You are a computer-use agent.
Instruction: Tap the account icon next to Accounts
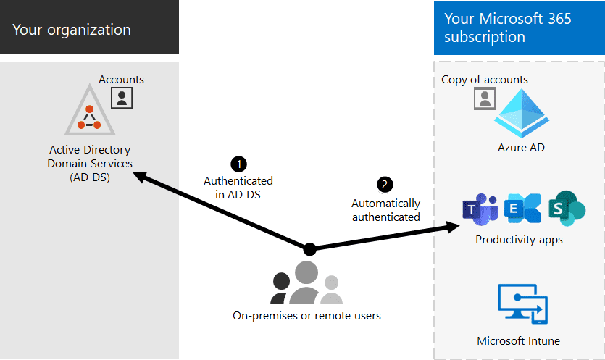(122, 97)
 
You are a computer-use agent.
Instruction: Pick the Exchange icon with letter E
(522, 209)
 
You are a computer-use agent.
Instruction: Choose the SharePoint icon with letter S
(566, 209)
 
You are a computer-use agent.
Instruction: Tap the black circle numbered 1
(237, 164)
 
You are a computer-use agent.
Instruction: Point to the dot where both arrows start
(310, 248)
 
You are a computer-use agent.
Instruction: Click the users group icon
(306, 283)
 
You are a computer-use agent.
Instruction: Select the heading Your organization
(72, 30)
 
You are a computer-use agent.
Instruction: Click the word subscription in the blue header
(485, 36)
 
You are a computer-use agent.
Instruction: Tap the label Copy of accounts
(485, 80)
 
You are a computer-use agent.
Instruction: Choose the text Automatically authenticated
(385, 210)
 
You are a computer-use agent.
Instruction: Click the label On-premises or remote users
(306, 316)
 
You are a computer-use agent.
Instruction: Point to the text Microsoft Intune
(518, 340)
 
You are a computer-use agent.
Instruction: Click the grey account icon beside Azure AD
(484, 99)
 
